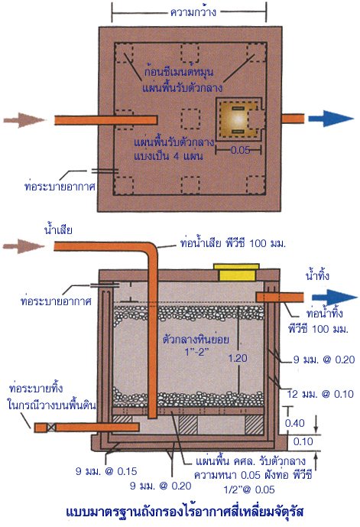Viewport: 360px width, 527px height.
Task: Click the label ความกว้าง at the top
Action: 193,12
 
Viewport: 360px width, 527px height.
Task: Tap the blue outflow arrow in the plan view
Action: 330,119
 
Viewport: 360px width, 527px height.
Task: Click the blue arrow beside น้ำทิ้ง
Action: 334,298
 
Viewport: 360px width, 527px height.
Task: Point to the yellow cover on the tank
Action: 236,272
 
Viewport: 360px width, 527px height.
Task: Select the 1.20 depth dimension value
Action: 238,358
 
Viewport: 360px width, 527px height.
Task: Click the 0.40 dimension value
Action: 295,423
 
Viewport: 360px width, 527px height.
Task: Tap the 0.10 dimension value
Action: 303,441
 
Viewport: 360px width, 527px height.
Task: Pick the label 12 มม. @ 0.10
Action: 320,394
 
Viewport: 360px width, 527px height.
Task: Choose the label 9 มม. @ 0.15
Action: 106,471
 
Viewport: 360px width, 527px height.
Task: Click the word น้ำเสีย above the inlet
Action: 58,230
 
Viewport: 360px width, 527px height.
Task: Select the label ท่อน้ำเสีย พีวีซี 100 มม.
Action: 232,243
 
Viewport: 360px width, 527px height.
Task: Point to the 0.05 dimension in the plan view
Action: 241,150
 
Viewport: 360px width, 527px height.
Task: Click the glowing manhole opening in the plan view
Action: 237,119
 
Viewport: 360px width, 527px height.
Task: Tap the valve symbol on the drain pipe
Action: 51,427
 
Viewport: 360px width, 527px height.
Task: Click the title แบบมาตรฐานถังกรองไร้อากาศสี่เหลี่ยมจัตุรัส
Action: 184,512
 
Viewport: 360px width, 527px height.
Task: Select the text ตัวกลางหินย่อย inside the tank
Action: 196,339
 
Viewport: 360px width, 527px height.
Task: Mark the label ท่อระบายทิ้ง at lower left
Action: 36,389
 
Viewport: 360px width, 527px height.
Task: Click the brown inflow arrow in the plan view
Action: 24,120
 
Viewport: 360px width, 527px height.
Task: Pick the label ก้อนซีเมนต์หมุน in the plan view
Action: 180,72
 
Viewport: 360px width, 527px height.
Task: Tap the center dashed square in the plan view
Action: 191,119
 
